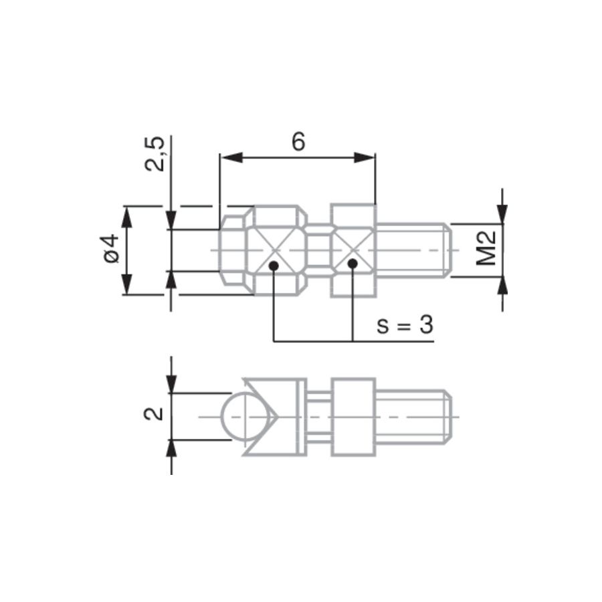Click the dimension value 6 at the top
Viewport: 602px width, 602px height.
(298, 142)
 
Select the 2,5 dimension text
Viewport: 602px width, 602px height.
(155, 154)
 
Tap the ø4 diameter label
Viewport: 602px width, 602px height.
(111, 249)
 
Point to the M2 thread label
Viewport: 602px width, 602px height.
(486, 249)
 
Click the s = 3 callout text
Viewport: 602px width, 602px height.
(405, 325)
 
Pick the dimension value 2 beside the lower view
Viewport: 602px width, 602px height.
(154, 414)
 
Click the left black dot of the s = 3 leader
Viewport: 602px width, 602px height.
(274, 266)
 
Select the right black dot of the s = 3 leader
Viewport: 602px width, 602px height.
(353, 264)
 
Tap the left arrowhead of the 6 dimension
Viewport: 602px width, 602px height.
(231, 157)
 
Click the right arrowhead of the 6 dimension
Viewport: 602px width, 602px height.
(364, 157)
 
